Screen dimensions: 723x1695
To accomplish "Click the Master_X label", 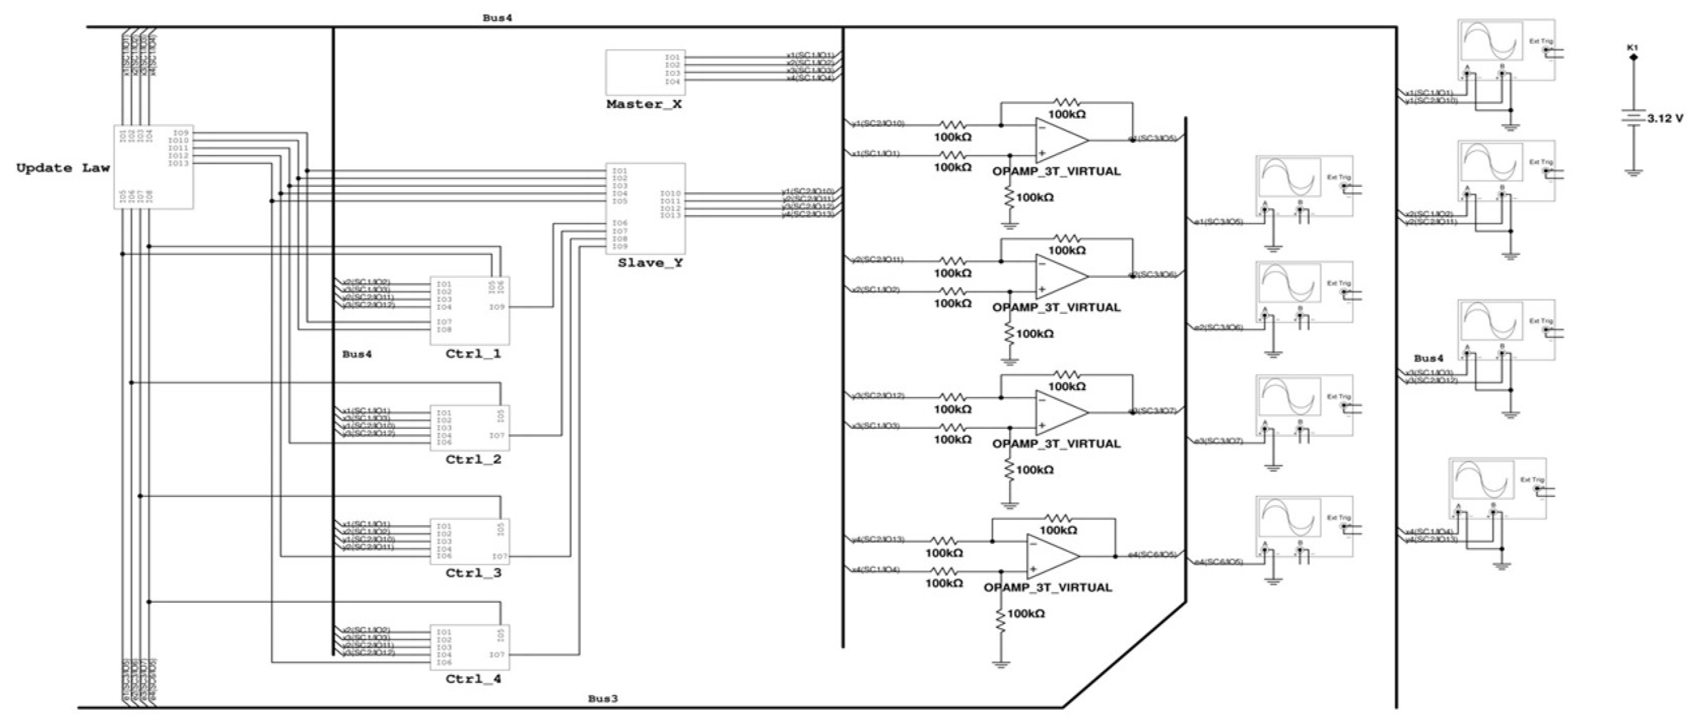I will tap(644, 104).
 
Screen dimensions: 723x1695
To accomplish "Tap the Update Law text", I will tap(62, 168).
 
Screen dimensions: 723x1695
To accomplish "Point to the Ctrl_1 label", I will tap(473, 354).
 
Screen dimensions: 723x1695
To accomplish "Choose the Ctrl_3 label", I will tap(473, 573).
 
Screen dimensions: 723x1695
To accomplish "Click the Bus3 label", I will tap(602, 699).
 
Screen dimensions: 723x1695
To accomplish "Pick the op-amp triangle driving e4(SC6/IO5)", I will tap(1051, 556).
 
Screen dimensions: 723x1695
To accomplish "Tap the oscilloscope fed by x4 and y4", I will tap(1497, 490).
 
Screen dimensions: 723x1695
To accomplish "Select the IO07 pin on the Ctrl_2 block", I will tap(497, 435).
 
